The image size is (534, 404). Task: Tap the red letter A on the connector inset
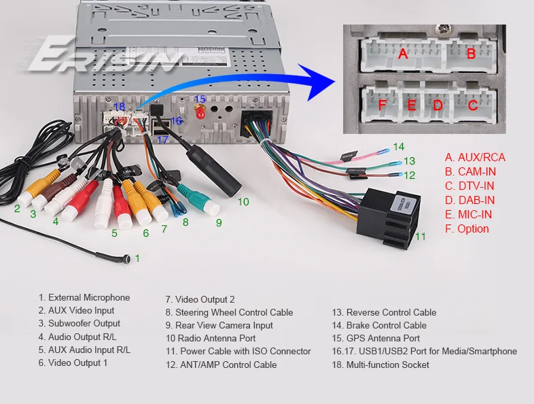tap(403, 54)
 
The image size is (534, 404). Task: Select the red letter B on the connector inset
tap(471, 54)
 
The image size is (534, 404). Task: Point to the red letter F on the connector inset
tap(382, 105)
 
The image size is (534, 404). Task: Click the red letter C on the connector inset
tap(473, 105)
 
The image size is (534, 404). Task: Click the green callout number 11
tap(421, 237)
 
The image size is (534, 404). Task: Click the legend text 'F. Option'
tap(467, 229)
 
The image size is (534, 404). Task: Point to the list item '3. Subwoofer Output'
tap(79, 324)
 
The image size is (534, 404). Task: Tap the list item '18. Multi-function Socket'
tap(380, 365)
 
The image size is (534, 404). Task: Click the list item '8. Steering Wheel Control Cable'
tap(229, 312)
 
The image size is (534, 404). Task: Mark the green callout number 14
tap(398, 146)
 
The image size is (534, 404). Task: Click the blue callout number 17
tap(162, 140)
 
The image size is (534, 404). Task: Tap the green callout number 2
tap(17, 208)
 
